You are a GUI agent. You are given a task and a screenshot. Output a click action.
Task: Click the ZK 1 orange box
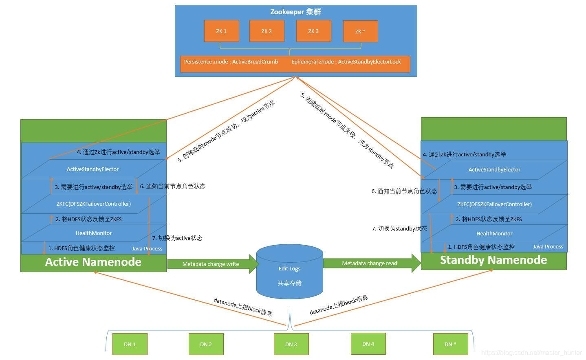(x=221, y=31)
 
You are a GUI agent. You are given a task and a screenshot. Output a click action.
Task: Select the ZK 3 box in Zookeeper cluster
(x=313, y=31)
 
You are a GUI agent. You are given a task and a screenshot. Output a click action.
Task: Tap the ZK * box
(x=360, y=31)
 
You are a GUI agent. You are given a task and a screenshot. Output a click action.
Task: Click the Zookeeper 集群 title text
(x=295, y=12)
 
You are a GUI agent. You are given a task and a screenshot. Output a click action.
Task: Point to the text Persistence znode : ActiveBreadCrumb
(x=231, y=62)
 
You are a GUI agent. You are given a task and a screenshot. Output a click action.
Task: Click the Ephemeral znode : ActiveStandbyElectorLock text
(x=346, y=62)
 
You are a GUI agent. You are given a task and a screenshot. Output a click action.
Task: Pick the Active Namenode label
(x=93, y=262)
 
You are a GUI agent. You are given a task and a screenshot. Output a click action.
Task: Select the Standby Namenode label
(x=493, y=260)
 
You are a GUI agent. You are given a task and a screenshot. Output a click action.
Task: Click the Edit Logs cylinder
(x=289, y=271)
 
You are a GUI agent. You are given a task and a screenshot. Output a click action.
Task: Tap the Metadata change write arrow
(x=212, y=264)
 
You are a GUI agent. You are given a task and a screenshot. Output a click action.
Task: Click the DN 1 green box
(x=130, y=344)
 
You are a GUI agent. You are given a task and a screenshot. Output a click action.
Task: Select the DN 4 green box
(x=368, y=344)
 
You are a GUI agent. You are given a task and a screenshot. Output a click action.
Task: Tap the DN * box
(x=450, y=344)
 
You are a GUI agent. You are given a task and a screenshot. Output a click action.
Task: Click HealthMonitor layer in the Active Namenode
(x=93, y=233)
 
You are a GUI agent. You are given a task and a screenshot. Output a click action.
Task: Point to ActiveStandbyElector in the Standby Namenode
(x=494, y=169)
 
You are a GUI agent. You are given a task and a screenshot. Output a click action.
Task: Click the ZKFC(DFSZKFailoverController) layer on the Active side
(x=93, y=204)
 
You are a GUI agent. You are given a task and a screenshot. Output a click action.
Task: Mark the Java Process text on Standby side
(x=548, y=246)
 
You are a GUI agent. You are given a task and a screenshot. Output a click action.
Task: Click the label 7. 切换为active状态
(x=177, y=238)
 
